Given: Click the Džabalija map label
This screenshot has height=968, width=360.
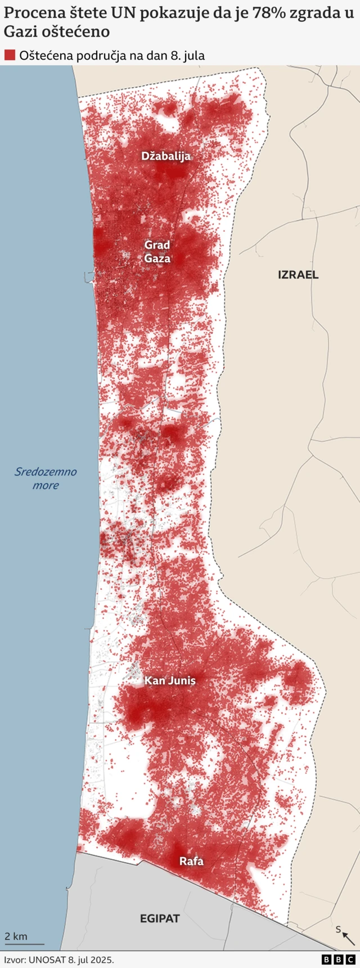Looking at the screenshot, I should (x=166, y=156).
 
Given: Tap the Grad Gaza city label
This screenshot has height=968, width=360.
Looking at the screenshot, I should (x=157, y=252).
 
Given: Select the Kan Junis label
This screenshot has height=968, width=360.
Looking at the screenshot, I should (x=170, y=680).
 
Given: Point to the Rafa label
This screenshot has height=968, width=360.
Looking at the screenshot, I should (x=191, y=861).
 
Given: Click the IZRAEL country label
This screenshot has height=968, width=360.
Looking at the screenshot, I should (x=298, y=275).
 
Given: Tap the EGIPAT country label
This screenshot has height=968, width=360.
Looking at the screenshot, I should (x=160, y=918).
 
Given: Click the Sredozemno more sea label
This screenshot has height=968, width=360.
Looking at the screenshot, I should (x=46, y=478).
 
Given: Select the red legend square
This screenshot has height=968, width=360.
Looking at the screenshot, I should (x=10, y=55).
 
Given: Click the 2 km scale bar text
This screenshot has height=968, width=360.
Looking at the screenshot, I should (x=16, y=936).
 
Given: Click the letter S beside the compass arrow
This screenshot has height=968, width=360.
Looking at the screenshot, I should (x=338, y=929).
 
